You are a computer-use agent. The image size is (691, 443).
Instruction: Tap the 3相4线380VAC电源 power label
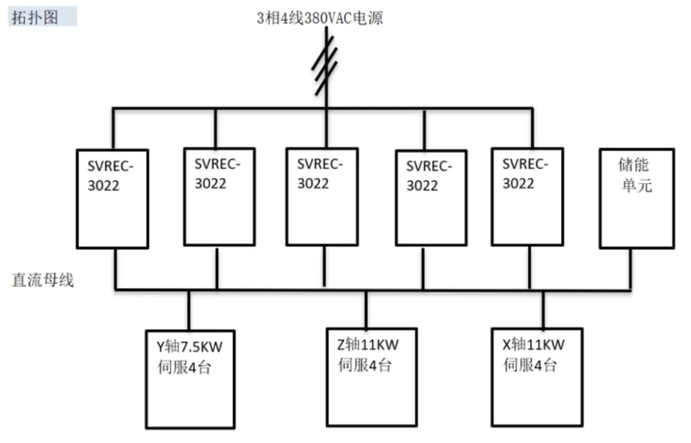pyautogui.click(x=320, y=18)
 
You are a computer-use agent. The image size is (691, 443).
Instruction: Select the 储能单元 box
pyautogui.click(x=636, y=198)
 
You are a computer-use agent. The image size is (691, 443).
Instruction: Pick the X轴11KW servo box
pyautogui.click(x=537, y=377)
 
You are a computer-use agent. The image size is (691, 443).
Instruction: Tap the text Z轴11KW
pyautogui.click(x=367, y=345)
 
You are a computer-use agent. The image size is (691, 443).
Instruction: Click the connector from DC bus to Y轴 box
pyautogui.click(x=189, y=310)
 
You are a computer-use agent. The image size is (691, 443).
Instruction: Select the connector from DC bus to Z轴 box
pyautogui.click(x=366, y=309)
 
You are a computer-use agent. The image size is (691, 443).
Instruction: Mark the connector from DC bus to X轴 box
pyautogui.click(x=543, y=309)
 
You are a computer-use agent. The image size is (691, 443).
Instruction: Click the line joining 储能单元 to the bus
pyautogui.click(x=631, y=269)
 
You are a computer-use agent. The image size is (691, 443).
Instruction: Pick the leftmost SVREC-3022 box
pyautogui.click(x=113, y=198)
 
